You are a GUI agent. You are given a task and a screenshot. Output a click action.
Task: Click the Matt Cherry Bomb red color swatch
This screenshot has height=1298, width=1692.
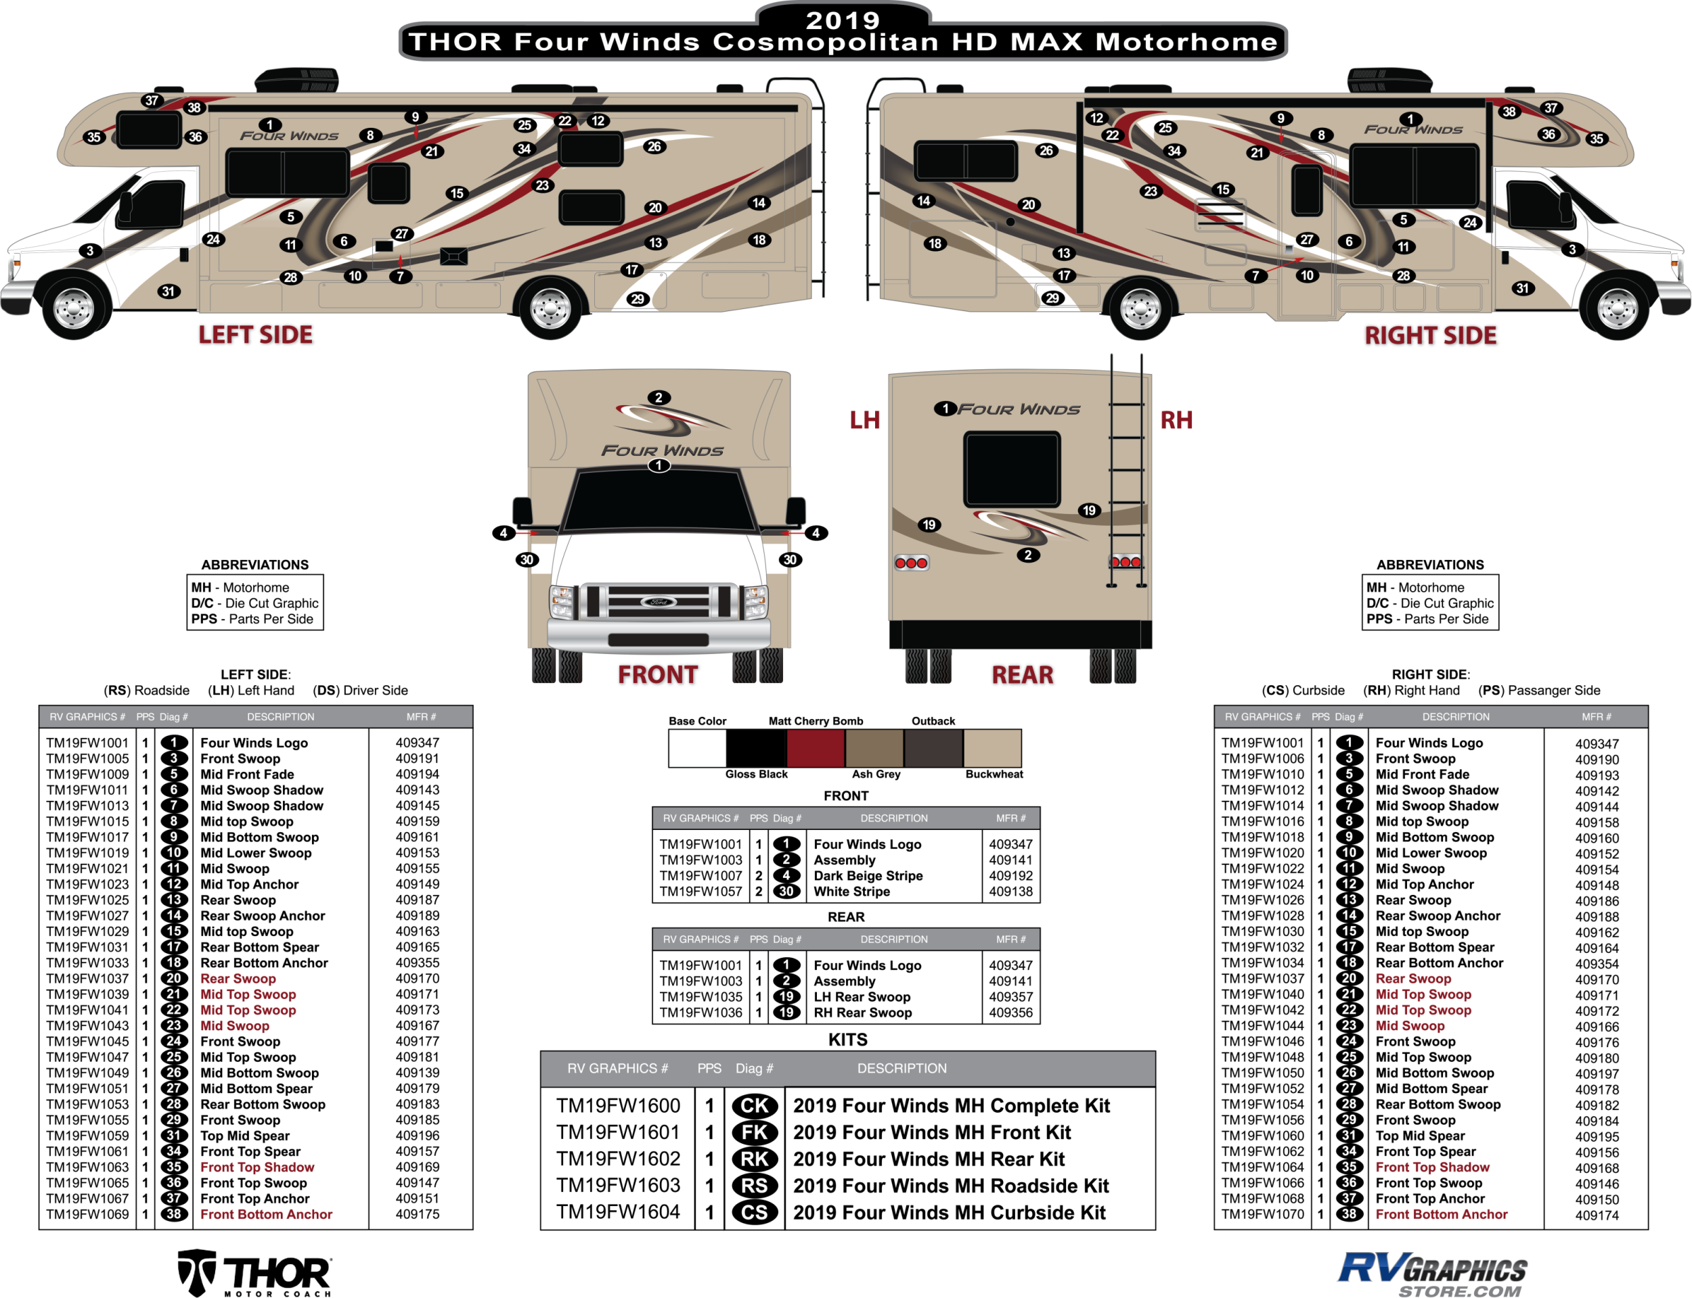tap(816, 748)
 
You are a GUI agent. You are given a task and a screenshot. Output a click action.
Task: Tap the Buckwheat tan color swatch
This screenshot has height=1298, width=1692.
tap(992, 748)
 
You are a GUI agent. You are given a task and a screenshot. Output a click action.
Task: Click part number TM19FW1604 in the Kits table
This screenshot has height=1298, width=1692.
tap(618, 1211)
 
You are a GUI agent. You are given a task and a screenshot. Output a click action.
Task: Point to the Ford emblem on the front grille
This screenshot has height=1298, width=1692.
tap(659, 602)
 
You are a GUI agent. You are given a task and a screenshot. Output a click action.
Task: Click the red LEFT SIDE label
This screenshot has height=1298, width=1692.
tap(256, 335)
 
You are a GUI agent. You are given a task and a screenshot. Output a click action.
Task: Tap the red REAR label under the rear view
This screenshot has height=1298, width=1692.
tap(1022, 674)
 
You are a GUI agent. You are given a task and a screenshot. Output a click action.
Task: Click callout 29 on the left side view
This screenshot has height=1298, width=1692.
tap(637, 299)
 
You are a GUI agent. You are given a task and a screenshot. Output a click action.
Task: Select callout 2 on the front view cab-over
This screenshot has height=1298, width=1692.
tap(659, 398)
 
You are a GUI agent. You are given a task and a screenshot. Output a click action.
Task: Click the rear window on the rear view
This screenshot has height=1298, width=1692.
tap(1012, 469)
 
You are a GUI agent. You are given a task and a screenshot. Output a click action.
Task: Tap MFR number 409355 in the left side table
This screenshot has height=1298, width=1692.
tap(418, 963)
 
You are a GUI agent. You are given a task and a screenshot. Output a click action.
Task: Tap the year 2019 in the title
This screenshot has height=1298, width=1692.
tap(843, 20)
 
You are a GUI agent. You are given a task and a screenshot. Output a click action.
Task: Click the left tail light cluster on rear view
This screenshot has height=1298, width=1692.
tap(912, 563)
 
